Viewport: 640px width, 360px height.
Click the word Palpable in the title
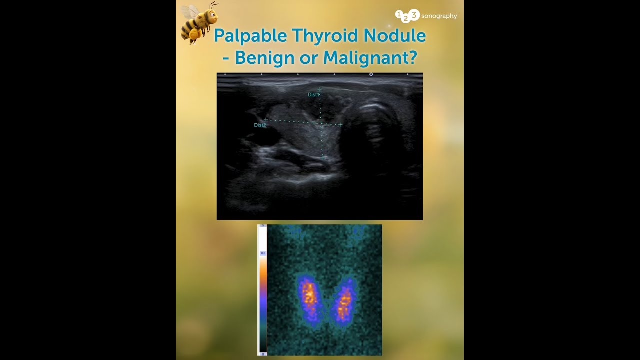[250, 36]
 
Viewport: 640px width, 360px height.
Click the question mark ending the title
[412, 57]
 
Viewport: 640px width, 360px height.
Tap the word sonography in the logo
[439, 16]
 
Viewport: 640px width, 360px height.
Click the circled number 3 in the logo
[414, 15]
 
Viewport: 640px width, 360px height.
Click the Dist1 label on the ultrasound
[313, 95]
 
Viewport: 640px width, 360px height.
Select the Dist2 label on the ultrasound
[259, 125]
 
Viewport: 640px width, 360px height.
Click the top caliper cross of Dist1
[319, 90]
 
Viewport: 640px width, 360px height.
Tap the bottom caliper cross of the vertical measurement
[322, 157]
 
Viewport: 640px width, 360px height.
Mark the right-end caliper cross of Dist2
[340, 124]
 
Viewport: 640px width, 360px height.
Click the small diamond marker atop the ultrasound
[371, 74]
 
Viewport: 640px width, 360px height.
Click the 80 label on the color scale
[262, 253]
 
